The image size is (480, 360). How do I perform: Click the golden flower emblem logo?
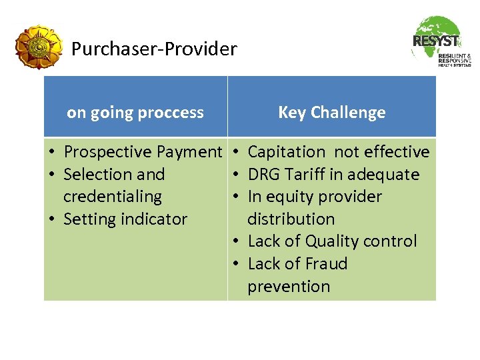[39, 47]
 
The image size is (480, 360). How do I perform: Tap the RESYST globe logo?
[441, 41]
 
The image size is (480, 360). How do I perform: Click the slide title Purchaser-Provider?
[154, 49]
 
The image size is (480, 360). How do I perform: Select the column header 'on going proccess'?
[135, 113]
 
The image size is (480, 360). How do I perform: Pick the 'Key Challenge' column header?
[331, 113]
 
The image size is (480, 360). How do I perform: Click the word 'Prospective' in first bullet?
[107, 152]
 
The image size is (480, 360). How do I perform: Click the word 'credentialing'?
[112, 197]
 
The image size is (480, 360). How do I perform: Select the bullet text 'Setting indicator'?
[125, 219]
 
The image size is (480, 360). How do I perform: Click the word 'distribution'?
[291, 219]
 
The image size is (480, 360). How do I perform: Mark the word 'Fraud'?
[324, 264]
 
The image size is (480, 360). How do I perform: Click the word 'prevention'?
[289, 287]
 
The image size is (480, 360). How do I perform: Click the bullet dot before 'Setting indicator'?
[52, 220]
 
